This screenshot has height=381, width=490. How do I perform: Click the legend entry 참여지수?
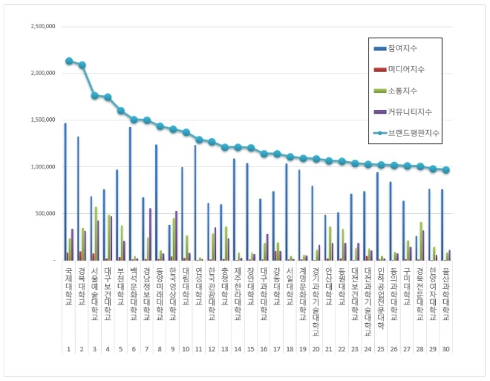click(x=403, y=48)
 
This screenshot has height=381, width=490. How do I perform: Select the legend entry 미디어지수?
click(x=405, y=69)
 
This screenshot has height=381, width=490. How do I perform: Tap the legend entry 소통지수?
click(x=403, y=90)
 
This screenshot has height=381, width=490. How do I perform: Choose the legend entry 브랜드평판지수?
click(x=412, y=133)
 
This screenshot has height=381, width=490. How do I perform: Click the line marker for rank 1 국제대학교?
click(x=69, y=61)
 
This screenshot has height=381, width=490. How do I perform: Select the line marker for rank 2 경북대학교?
click(x=82, y=65)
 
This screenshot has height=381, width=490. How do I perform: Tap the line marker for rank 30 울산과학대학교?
click(x=447, y=170)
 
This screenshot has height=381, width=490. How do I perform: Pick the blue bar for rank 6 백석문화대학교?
click(x=131, y=193)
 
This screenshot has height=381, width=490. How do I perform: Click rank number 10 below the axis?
click(x=186, y=348)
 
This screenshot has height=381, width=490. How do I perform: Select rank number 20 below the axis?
click(x=316, y=348)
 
